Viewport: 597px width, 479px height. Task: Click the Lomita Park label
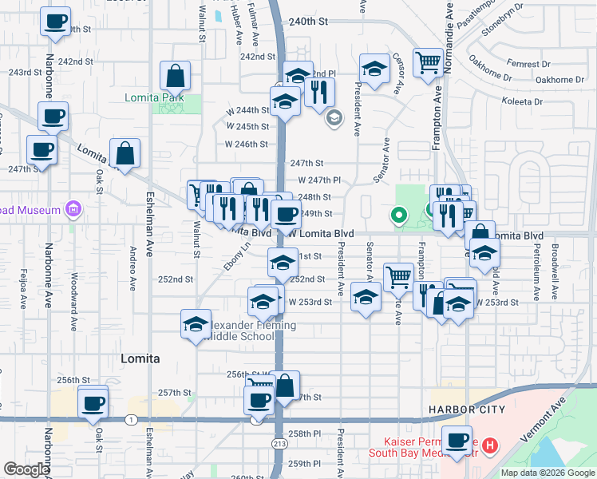tap(154, 97)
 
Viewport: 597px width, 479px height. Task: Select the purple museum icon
tap(73, 210)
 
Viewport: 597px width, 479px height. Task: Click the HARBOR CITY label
tap(467, 410)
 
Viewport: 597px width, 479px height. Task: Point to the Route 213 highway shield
tap(279, 442)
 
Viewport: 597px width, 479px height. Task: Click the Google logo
tap(26, 469)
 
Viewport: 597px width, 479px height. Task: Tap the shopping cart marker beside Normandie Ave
tap(429, 62)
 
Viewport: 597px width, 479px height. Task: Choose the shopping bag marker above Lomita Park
tap(175, 76)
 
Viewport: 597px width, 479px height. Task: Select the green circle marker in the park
tap(398, 215)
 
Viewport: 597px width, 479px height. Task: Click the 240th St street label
tap(309, 22)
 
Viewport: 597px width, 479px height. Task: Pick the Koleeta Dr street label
tap(521, 101)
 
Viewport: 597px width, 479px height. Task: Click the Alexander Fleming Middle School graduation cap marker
tap(196, 324)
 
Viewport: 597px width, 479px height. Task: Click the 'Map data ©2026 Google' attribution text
tap(548, 473)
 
